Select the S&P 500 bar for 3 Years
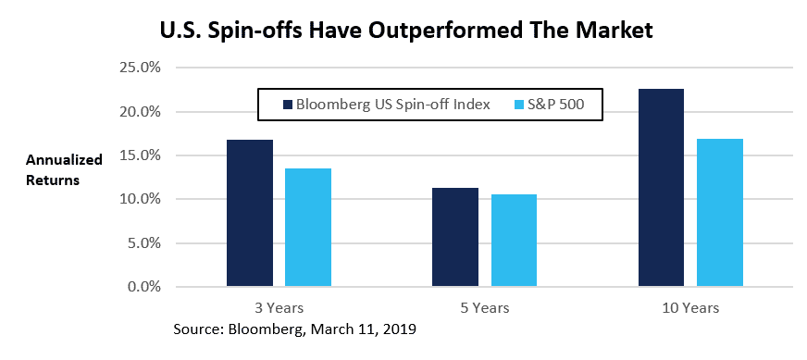308,228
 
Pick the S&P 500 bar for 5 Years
514,241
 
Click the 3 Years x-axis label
279,307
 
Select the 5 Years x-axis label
484,307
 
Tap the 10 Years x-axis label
690,307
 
